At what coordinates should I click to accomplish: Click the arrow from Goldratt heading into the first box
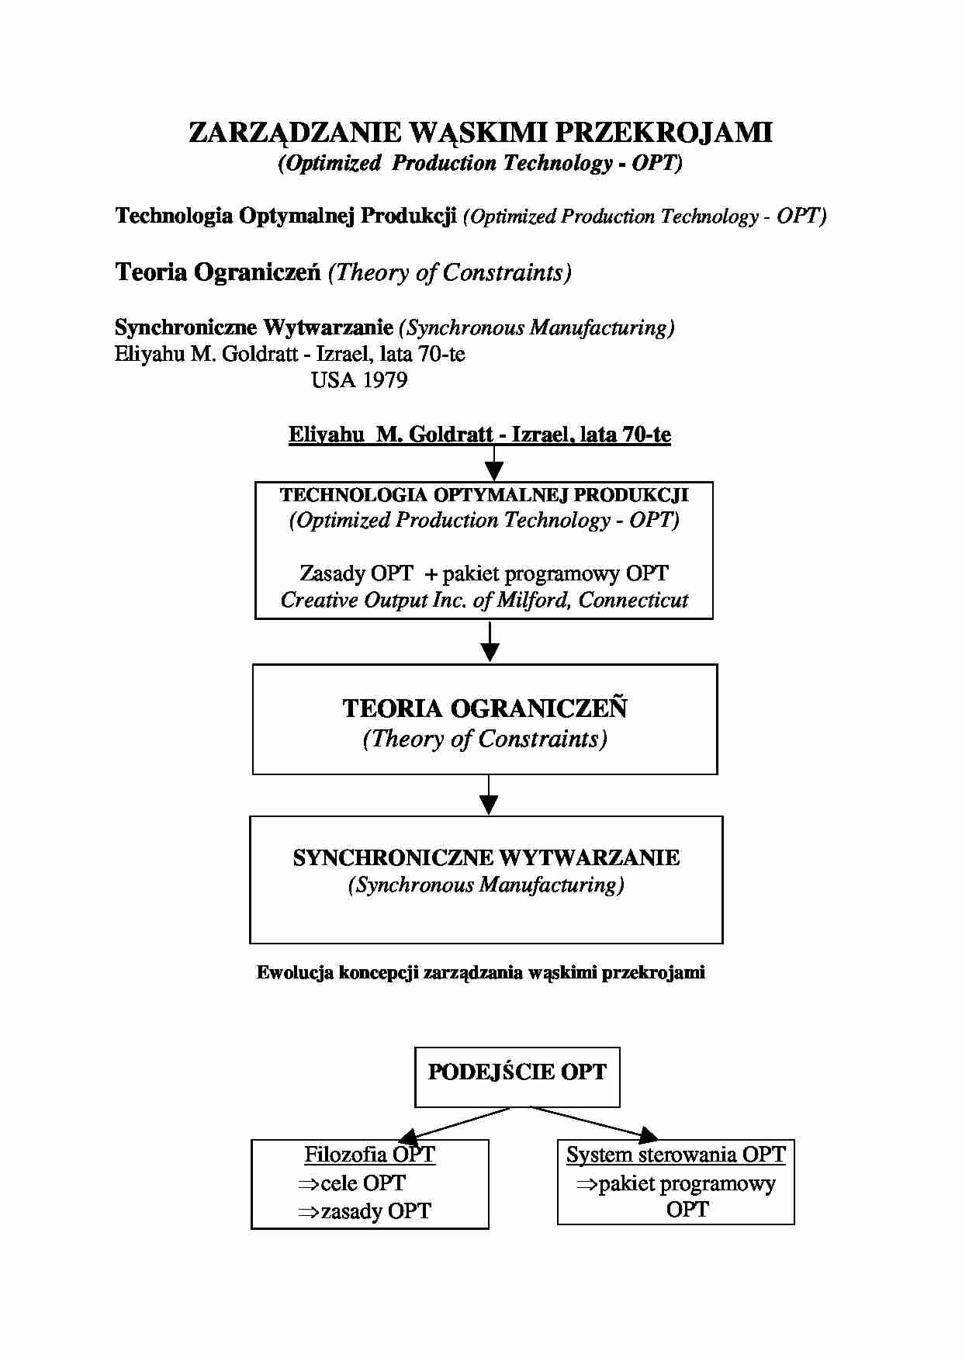point(493,466)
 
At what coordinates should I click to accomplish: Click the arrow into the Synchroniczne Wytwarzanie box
point(489,798)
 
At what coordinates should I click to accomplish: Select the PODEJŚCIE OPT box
point(517,1076)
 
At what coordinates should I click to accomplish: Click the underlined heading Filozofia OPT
point(369,1155)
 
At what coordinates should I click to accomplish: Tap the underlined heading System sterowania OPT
point(676,1155)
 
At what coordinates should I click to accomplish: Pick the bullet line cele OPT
point(352,1183)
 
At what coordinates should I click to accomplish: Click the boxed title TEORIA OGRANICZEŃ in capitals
point(485,708)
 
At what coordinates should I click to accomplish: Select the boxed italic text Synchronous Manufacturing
point(486,885)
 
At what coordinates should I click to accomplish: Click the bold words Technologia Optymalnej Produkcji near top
point(285,216)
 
